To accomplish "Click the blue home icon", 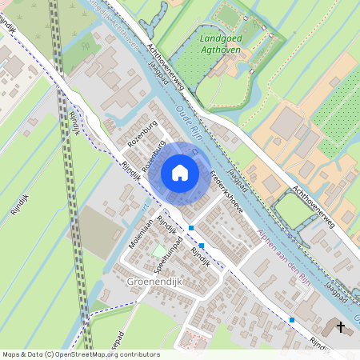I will click(x=180, y=172).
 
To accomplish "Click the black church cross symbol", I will click(x=342, y=326).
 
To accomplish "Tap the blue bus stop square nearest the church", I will click(x=293, y=320).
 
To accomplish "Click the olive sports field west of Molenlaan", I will click(x=99, y=227).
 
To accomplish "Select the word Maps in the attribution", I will click(x=12, y=354).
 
